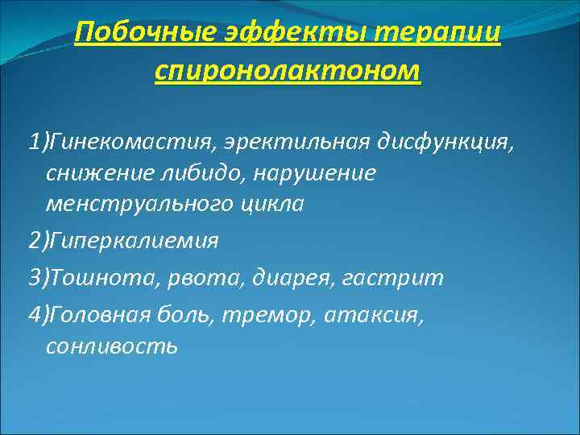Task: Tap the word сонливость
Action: coord(111,346)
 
